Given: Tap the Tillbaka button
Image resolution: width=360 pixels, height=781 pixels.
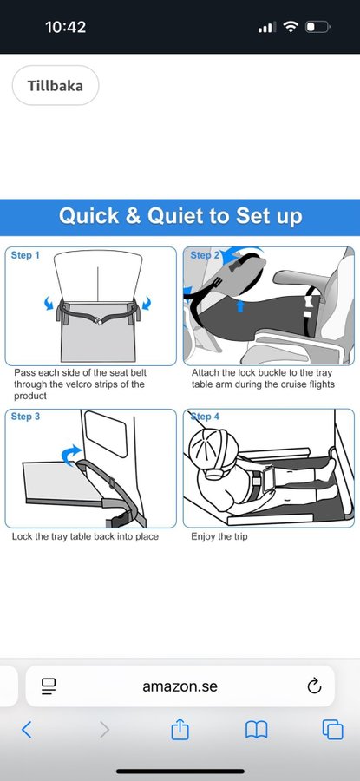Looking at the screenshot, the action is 56,85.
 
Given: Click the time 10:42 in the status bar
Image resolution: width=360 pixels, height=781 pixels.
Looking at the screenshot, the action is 65,27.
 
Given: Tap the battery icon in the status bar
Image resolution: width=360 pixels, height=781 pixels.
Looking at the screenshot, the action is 317,27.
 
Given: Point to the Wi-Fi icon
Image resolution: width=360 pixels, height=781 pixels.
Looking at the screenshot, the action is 290,27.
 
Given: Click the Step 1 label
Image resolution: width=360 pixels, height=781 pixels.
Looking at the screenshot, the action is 25,255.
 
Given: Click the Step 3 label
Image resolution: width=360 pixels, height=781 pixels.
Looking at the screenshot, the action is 25,417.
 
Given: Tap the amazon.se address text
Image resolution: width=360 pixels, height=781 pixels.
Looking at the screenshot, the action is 180,686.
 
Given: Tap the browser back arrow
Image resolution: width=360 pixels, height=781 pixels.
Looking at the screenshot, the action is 27,730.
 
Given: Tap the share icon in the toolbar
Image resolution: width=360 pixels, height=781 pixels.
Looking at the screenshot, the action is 180,730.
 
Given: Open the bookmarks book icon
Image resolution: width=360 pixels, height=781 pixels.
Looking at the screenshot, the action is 257,730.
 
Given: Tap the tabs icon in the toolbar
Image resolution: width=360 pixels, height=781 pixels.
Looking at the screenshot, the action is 332,730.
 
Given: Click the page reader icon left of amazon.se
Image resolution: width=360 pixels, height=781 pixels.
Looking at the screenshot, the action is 49,686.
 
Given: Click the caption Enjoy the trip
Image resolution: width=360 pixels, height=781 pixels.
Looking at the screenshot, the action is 219,537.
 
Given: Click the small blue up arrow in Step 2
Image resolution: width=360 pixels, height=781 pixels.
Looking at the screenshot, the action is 240,305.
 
